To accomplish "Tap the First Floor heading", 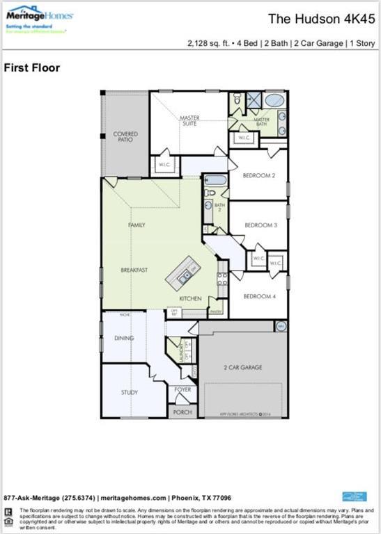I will tap(32, 68).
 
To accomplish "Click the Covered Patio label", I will tap(125, 136).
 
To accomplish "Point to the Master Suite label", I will tap(189, 121).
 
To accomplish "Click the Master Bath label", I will tap(261, 122).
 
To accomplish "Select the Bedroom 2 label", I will tap(258, 175).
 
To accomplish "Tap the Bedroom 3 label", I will tap(258, 225).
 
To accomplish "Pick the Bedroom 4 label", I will tap(258, 296).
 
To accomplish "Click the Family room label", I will tap(136, 225).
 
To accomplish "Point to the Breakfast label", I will tap(134, 270).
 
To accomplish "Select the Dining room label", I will tap(124, 338).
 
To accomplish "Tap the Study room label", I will tap(130, 392).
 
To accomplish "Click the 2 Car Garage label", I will tap(242, 366).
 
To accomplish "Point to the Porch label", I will tap(182, 412).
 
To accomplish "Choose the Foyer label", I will tap(182, 389).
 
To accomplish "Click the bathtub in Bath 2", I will tap(215, 181).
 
